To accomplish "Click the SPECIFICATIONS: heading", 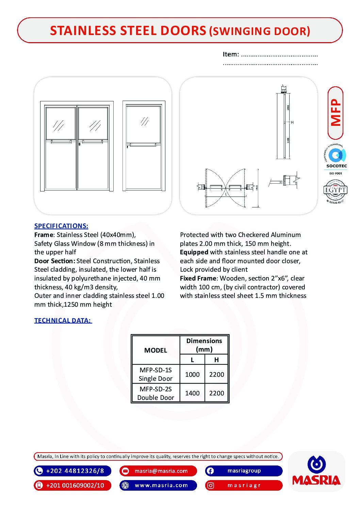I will point(61,226).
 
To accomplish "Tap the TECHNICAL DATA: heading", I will point(63,320).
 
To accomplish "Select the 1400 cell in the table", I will point(192,393).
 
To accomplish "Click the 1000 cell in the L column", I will point(192,374).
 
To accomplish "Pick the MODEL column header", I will point(156,350).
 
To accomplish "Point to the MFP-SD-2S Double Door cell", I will point(156,393).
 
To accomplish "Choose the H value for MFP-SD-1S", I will point(216,374).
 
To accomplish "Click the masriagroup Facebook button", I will point(244,471).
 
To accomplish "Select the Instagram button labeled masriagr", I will point(244,485).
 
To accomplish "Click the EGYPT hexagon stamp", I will point(335,191).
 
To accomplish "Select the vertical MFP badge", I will point(336,113).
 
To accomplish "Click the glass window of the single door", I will point(144,123).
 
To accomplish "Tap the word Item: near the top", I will point(231,54).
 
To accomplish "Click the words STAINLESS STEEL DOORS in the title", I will point(128,31).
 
